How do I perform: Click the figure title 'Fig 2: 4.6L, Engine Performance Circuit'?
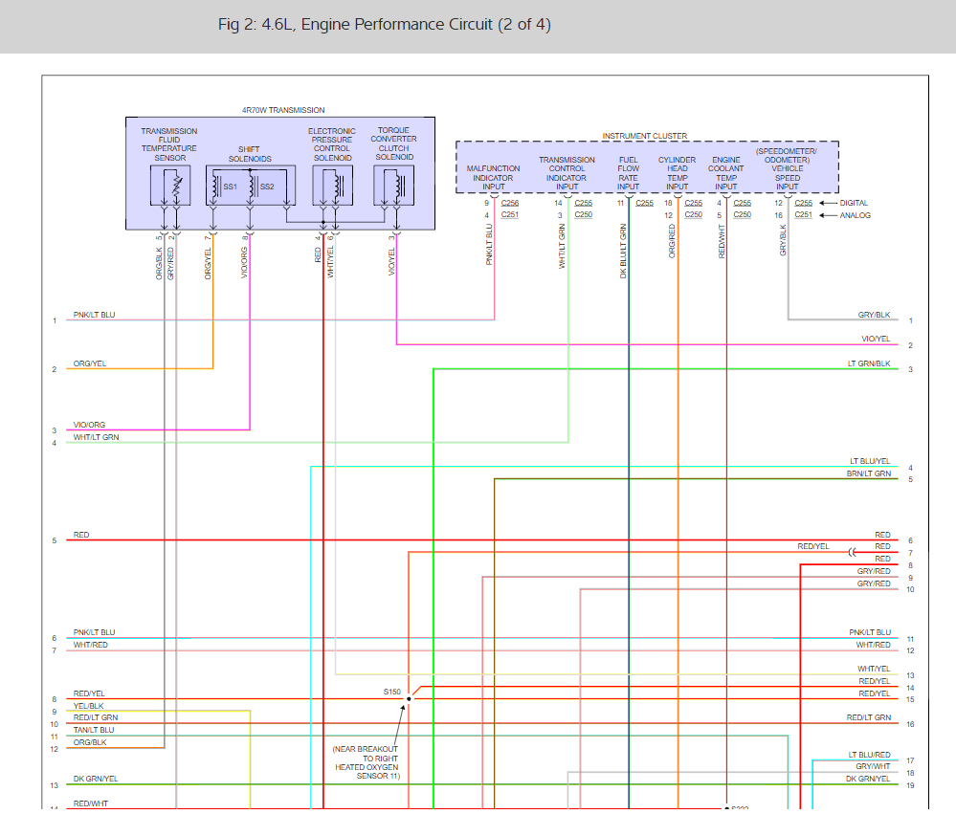[384, 24]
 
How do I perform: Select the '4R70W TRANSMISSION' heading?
[282, 110]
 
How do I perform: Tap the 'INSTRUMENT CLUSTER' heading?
[644, 136]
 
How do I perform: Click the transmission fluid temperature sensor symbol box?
[169, 184]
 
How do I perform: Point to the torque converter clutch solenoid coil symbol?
[393, 184]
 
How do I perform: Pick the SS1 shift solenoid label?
[230, 187]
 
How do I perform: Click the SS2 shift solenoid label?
[267, 187]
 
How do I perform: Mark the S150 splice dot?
[408, 698]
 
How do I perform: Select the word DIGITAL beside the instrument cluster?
[856, 203]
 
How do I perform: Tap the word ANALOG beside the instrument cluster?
[855, 215]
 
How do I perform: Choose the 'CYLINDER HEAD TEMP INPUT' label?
[677, 173]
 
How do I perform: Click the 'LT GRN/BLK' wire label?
[869, 363]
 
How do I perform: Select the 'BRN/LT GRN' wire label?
[869, 473]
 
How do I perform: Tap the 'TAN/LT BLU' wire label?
[94, 730]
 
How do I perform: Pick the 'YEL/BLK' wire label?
[88, 706]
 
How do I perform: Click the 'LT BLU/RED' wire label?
[869, 755]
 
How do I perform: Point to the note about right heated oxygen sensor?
[367, 762]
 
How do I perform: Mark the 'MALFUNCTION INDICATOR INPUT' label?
[493, 177]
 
